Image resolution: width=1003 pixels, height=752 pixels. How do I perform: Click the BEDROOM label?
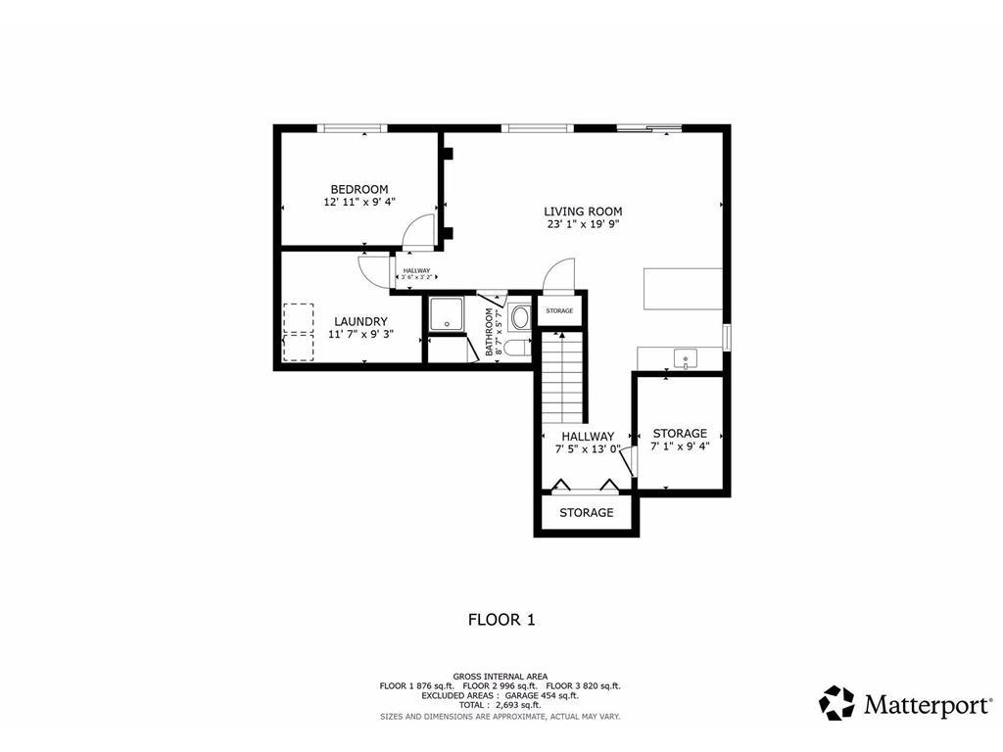click(358, 189)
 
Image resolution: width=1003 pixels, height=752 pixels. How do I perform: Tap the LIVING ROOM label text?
click(583, 211)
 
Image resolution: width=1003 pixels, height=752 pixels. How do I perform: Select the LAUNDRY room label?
click(359, 321)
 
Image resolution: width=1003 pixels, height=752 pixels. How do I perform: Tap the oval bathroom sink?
click(519, 316)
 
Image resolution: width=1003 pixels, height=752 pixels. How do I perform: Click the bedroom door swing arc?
click(419, 229)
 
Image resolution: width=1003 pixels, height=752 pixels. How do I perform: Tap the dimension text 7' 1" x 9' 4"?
click(679, 446)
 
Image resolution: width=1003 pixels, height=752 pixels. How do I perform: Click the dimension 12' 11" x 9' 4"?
click(358, 203)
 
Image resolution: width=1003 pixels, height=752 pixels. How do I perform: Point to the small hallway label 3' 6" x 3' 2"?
click(415, 277)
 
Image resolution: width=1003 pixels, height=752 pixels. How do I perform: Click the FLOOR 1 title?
click(501, 619)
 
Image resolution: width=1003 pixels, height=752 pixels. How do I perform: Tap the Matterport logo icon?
click(836, 702)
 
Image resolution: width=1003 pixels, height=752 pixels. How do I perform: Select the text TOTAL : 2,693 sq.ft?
click(501, 705)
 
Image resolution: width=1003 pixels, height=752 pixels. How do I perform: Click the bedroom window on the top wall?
click(354, 127)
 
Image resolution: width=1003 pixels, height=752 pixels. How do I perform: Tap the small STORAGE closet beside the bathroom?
click(559, 310)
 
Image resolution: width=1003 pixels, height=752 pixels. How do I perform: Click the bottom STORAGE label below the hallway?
click(586, 512)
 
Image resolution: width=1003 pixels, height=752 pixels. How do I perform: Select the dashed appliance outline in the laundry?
click(298, 332)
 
